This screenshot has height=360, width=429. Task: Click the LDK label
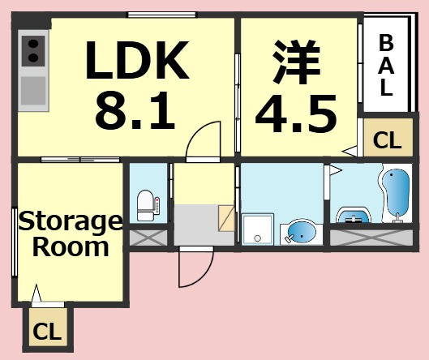coord(137,60)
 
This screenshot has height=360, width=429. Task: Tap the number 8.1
coord(135,110)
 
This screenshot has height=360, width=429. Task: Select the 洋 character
coord(297,62)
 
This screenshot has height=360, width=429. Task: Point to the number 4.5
coord(296,114)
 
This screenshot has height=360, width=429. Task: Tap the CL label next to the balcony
coord(387,140)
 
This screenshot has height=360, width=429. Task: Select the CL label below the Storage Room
coord(47,332)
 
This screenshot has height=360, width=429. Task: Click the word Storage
coord(71,222)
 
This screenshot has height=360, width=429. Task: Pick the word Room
coord(71,246)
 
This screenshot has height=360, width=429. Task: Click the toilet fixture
coord(148,205)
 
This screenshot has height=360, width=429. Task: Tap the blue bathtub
coord(396,193)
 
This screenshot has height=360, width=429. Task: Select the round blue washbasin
coord(301,232)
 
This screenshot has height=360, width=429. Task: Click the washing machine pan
coord(258,229)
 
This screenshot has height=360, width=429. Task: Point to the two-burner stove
coord(33,51)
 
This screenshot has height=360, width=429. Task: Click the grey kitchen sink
coord(33,91)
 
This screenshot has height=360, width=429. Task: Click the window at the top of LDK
coord(162,15)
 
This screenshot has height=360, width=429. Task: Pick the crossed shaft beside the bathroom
coord(371,238)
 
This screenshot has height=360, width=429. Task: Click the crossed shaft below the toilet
coord(148,238)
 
